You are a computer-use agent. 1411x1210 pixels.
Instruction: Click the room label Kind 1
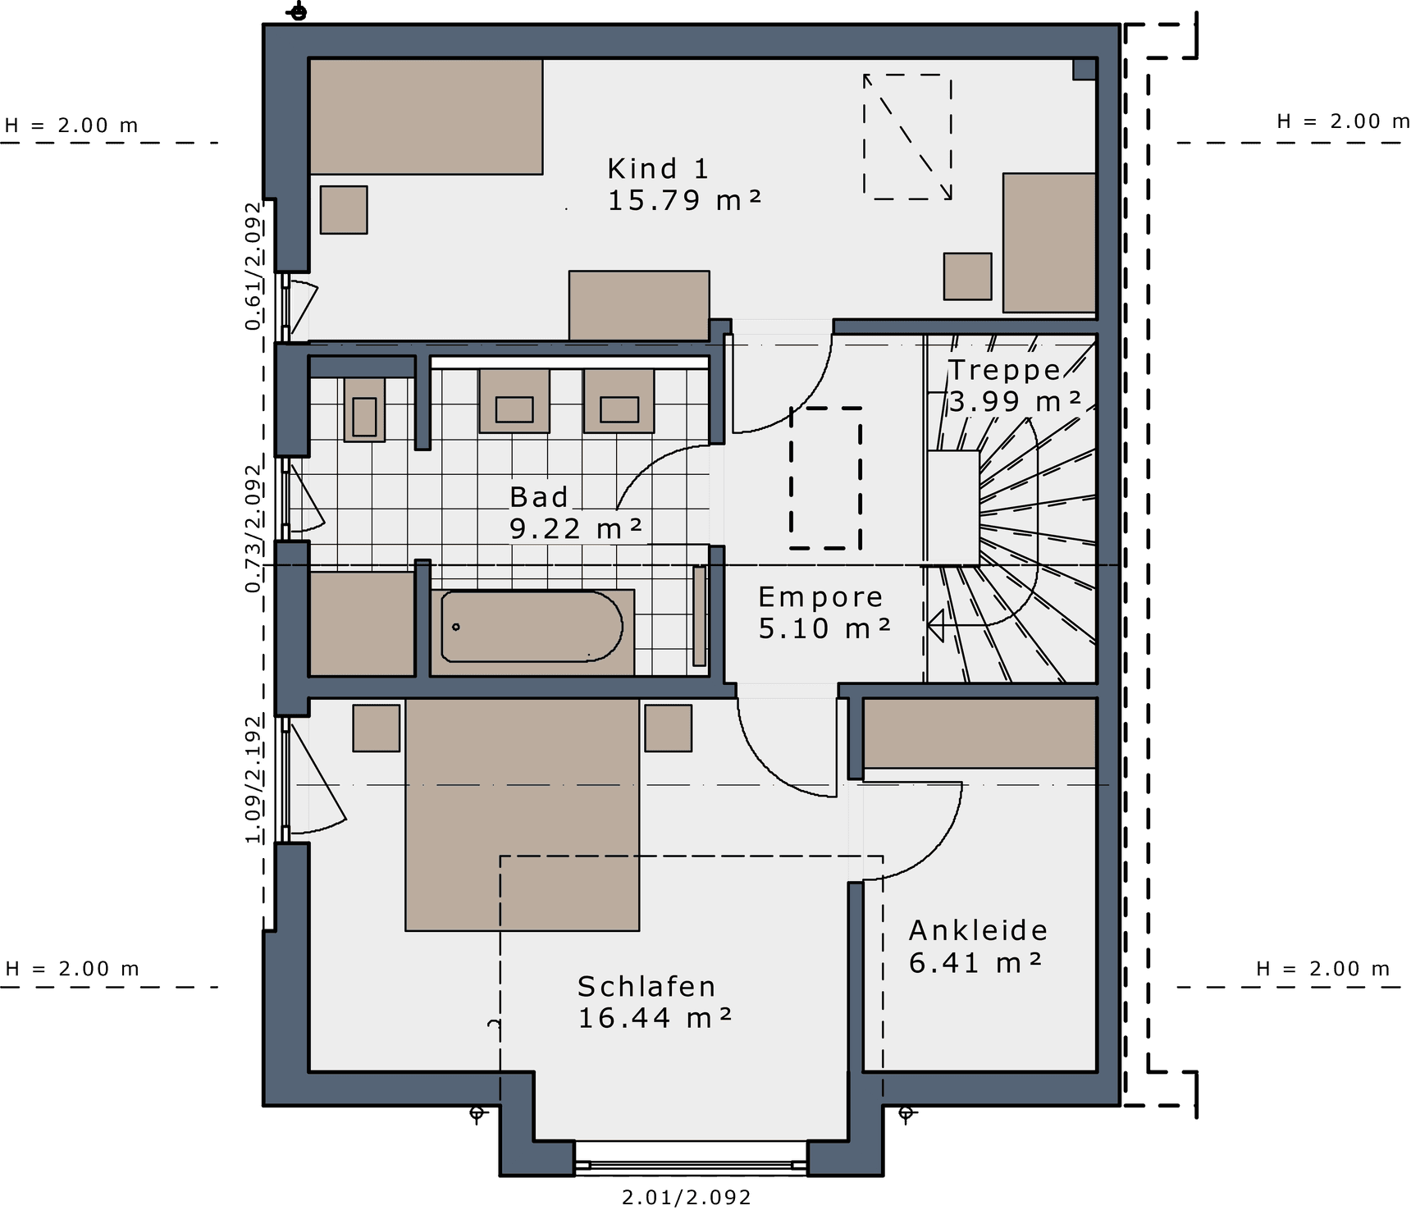[x=657, y=169]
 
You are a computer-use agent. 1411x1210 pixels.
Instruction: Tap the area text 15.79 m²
[x=685, y=200]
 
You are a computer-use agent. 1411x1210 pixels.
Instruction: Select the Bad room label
[x=539, y=497]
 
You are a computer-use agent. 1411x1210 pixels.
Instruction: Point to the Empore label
[x=820, y=597]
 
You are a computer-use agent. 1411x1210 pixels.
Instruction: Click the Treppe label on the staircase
[x=1005, y=370]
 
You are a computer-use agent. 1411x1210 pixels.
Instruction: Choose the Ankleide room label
[x=979, y=930]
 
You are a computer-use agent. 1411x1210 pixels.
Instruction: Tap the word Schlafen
[x=646, y=986]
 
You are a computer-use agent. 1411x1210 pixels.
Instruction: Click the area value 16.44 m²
[x=655, y=1018]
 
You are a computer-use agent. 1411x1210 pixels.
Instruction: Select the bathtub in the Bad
[x=532, y=627]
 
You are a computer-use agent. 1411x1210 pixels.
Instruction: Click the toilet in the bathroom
[x=364, y=409]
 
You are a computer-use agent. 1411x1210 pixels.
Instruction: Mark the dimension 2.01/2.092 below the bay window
[x=687, y=1198]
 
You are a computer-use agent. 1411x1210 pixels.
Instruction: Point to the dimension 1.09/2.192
[x=254, y=779]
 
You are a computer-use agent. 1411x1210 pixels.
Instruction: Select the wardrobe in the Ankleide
[x=980, y=733]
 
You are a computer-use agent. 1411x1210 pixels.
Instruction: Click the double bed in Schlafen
[x=522, y=815]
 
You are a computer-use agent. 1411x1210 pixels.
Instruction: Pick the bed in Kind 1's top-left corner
[x=426, y=116]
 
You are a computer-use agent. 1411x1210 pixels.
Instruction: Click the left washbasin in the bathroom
[x=514, y=401]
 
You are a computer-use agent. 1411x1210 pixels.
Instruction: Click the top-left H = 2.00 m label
[x=71, y=126]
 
